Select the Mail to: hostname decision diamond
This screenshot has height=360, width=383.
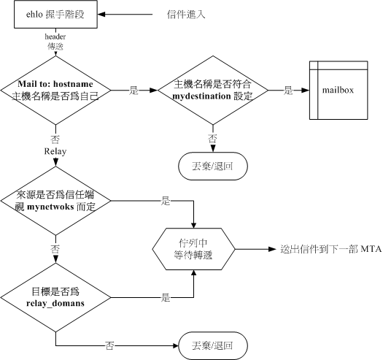[56, 91]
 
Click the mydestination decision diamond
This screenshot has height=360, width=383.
[212, 91]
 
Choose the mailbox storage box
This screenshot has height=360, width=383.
[338, 91]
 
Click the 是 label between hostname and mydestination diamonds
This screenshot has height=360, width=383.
[134, 89]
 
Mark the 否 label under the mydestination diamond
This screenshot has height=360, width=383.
[212, 139]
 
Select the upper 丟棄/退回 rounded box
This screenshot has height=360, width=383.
[212, 165]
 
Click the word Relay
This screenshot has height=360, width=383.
[56, 152]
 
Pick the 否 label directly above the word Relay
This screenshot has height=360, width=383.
[56, 137]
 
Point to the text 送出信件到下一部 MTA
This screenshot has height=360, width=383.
[321, 249]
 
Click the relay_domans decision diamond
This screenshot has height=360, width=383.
[56, 296]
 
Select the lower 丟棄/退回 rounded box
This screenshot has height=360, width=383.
[212, 343]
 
